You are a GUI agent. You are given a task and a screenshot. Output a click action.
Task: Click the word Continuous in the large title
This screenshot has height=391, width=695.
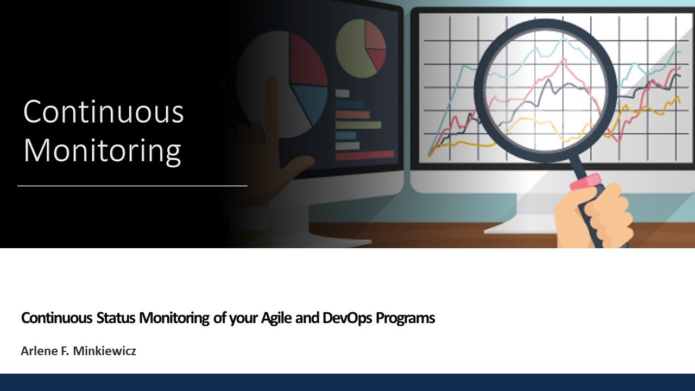pos(103,112)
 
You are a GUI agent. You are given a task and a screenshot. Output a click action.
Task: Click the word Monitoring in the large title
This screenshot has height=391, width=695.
pos(102,150)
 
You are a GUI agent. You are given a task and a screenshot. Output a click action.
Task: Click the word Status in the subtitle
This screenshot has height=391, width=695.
pos(116,318)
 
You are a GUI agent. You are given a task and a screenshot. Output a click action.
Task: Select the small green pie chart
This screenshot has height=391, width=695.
pos(353,52)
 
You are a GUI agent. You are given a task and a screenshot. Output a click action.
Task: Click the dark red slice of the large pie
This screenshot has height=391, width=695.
pos(307,60)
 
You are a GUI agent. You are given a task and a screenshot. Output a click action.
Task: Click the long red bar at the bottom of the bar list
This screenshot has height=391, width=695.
pos(364,155)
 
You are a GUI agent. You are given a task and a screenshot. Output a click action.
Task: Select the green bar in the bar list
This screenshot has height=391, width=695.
pos(358,125)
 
